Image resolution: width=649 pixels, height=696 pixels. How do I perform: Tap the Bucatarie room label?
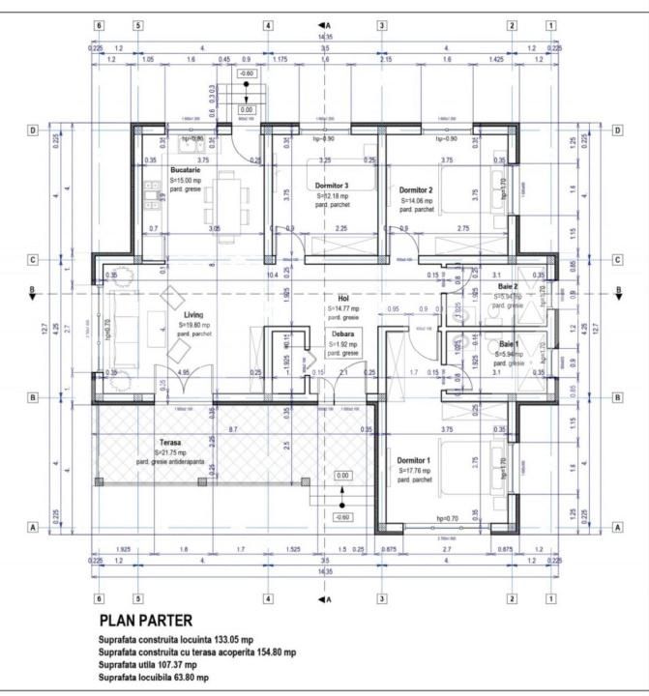coord(186,169)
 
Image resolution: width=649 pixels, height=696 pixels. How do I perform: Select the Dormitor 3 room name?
coord(332,185)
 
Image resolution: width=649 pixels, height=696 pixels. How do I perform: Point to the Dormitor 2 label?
coord(415,190)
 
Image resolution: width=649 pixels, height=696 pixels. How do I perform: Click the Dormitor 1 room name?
coord(414,460)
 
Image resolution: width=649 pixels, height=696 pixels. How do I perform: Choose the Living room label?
coord(193,315)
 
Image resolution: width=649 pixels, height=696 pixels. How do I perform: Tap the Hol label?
coord(342,298)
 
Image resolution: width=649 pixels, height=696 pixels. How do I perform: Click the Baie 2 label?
coord(509,287)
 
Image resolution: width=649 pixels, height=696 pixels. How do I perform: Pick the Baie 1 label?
coord(509,344)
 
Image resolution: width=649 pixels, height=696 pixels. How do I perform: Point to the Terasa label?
coord(172,443)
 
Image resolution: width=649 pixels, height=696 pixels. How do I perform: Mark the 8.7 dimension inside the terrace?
coord(234,427)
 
